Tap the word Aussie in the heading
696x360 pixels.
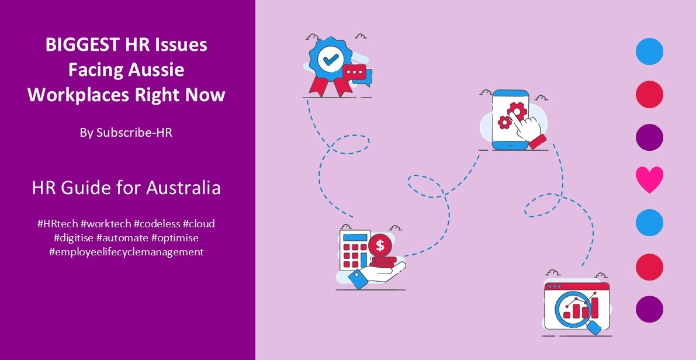tap(156, 70)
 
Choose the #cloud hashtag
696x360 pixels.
tap(199, 224)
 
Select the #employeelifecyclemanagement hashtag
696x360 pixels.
tap(126, 252)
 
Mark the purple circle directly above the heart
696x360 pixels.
tap(649, 137)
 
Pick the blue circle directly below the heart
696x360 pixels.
tap(649, 223)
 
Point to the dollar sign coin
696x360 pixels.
tap(380, 245)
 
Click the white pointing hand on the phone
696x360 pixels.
tap(531, 127)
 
